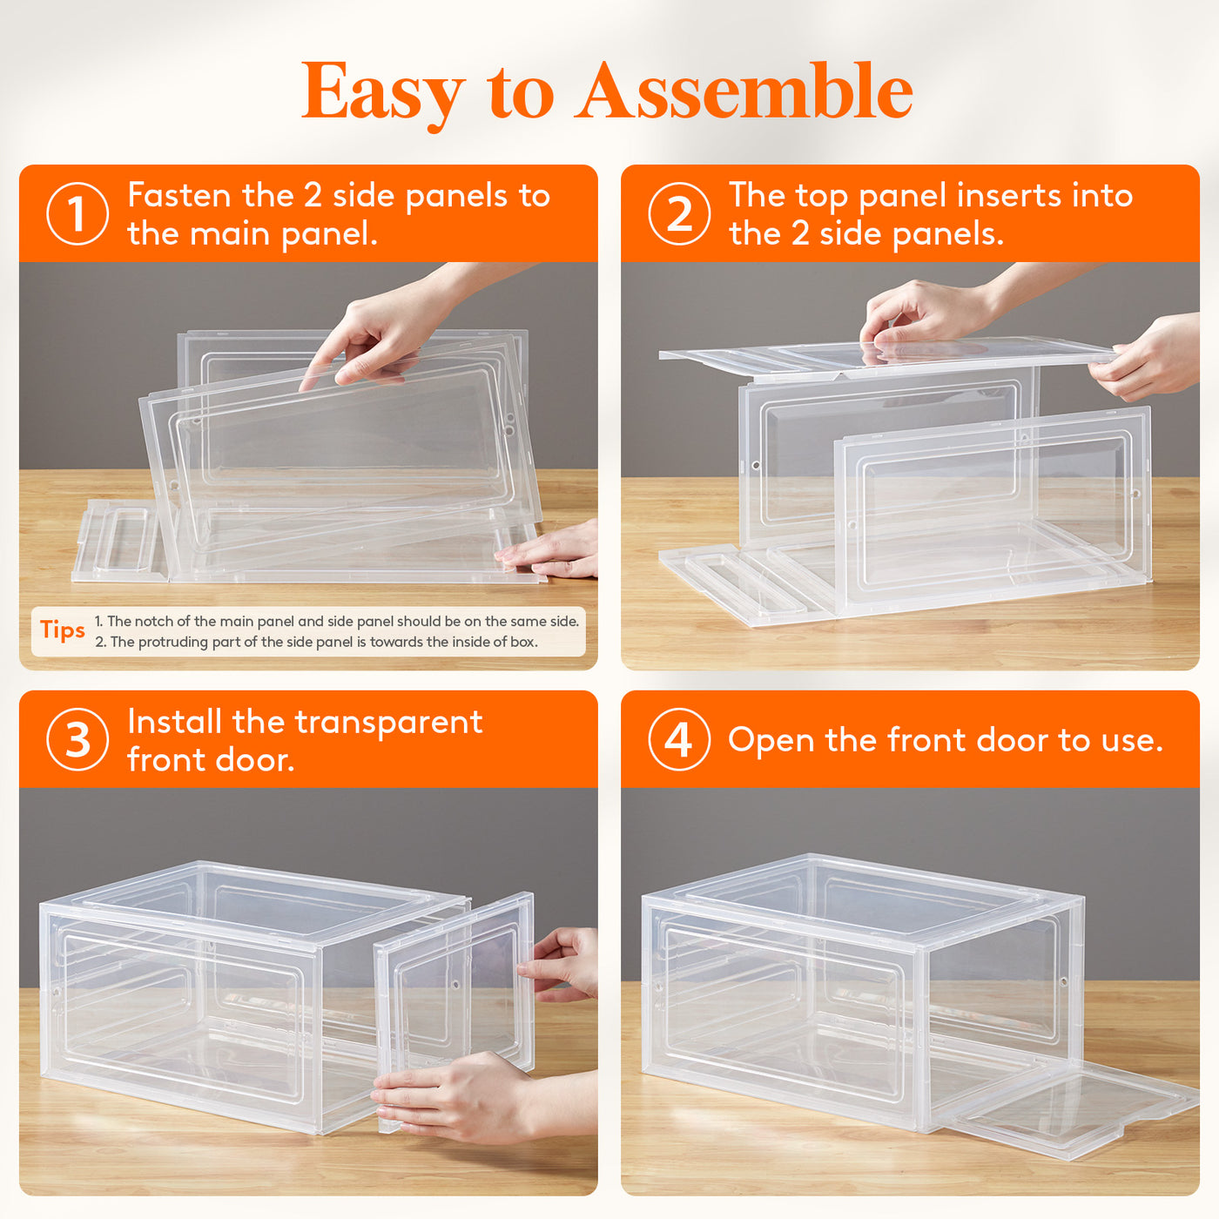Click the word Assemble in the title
point(744,91)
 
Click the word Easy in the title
point(383,95)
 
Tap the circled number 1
point(77,214)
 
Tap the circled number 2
point(679,214)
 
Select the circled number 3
point(77,739)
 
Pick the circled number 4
point(679,739)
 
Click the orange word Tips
point(62,630)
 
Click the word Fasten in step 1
point(179,195)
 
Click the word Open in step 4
point(771,741)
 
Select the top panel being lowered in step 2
point(886,360)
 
